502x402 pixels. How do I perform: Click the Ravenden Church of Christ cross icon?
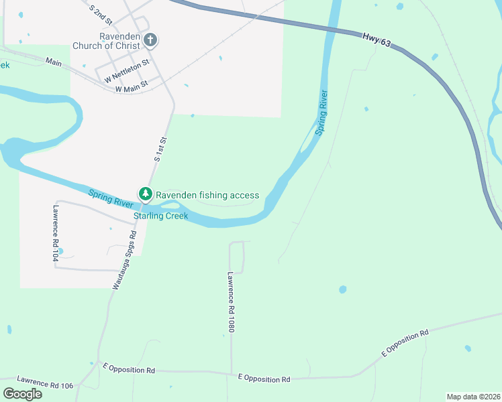[x=150, y=40]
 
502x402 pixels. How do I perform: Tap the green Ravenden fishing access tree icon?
[x=145, y=194]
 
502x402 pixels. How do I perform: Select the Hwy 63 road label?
[x=376, y=40]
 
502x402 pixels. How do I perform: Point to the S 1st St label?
[x=160, y=149]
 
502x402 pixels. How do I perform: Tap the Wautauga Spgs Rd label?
[x=124, y=260]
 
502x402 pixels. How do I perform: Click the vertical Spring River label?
[x=322, y=113]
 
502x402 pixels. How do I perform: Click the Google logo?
[x=22, y=393]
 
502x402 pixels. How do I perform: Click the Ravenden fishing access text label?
[x=207, y=195]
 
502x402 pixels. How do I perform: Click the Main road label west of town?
[x=54, y=62]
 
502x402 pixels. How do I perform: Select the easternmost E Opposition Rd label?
[x=405, y=342]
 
